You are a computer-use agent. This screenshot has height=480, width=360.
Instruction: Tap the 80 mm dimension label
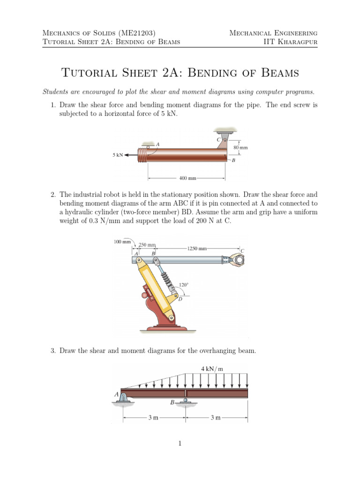[x=240, y=148]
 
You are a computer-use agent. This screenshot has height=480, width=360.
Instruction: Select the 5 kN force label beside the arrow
[x=117, y=155]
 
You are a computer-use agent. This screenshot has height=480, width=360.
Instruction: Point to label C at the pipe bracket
[x=218, y=140]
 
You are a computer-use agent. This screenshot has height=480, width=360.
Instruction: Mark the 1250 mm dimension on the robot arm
[x=197, y=248]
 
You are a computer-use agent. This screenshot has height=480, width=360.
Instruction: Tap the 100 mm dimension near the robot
[x=122, y=242]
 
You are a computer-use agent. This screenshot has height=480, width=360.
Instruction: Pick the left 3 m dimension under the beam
[x=153, y=418]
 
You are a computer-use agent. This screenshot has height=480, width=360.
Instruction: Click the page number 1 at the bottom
[x=180, y=443]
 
